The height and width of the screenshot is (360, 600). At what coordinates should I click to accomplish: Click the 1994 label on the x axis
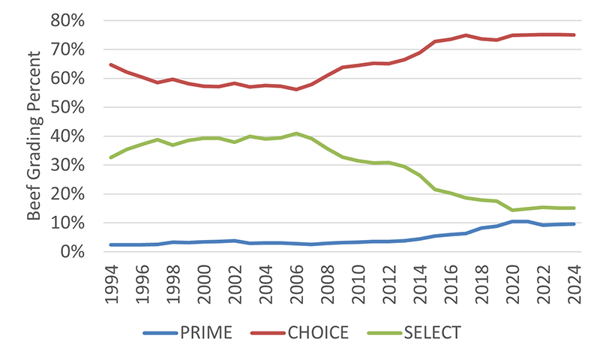point(112,279)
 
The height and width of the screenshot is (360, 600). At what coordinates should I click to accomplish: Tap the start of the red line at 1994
point(112,65)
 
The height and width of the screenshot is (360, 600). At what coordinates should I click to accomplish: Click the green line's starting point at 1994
point(112,157)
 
